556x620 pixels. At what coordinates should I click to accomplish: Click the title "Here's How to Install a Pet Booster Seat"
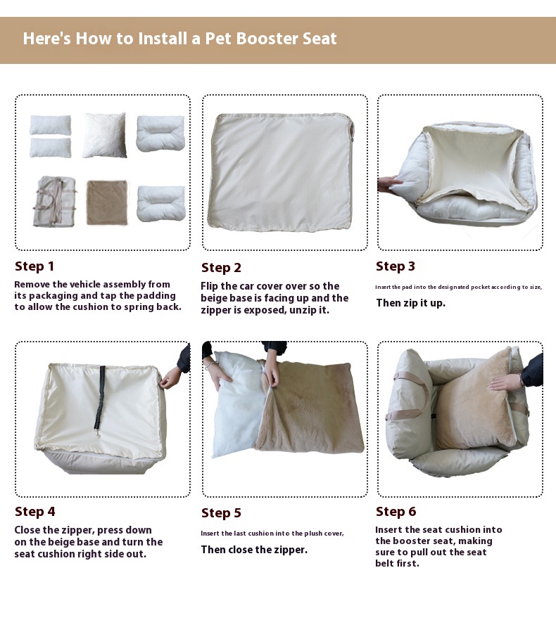pos(179,39)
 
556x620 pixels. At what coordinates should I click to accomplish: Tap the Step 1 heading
pos(34,266)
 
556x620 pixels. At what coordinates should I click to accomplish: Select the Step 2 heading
pos(221,268)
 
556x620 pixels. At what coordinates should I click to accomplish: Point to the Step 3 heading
pos(396,266)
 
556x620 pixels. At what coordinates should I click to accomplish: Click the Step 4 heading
pos(34,512)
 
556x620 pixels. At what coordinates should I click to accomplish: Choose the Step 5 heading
pos(221,513)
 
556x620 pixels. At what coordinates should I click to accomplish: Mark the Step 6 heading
pos(396,512)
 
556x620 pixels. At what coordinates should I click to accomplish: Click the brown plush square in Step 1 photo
pos(107,202)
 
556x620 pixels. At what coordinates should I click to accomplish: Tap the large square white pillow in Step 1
pos(105,135)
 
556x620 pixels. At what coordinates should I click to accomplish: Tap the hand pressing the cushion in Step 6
pos(505,382)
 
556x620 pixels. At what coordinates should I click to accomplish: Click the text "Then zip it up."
pos(410,303)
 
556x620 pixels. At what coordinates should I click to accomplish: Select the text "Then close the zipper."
pos(254,550)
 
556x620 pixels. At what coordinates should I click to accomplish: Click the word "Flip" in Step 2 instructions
pos(211,286)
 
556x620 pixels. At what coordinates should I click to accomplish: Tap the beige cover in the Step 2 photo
pos(280,172)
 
